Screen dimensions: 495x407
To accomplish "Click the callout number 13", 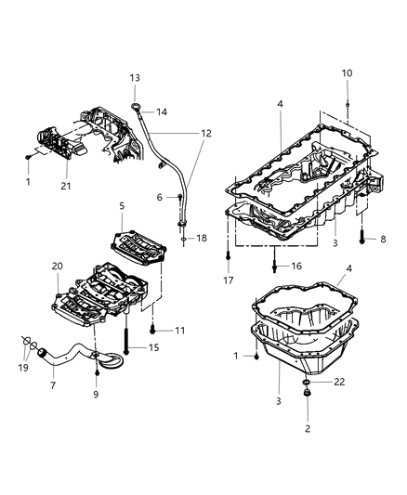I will coord(135,77).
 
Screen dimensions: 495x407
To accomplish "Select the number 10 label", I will coord(347,72).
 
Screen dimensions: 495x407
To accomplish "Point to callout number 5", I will coord(121,205).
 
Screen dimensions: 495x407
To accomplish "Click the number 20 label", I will coord(57,267).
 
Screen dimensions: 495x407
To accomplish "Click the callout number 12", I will coord(204,134).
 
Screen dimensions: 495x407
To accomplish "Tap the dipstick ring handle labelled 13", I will coord(139,109).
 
